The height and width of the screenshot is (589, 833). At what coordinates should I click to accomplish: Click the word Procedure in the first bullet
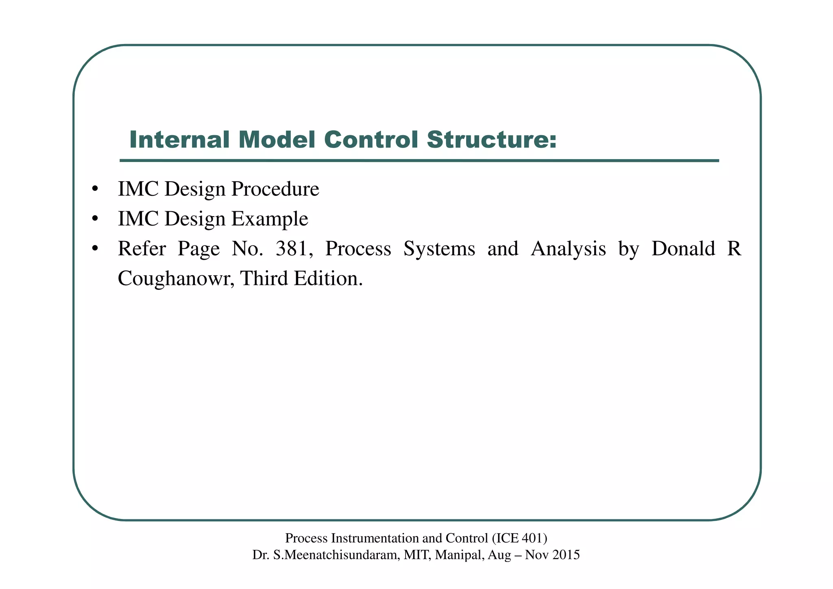click(275, 190)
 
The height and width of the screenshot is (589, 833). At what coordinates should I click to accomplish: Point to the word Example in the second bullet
click(270, 219)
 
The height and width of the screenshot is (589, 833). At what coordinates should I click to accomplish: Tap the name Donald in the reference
click(683, 249)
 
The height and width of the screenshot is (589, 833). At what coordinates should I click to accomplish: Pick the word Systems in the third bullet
click(439, 249)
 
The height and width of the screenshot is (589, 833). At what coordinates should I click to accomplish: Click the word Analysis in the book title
click(568, 249)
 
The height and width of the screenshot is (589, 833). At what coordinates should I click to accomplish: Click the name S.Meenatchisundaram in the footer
click(336, 555)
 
